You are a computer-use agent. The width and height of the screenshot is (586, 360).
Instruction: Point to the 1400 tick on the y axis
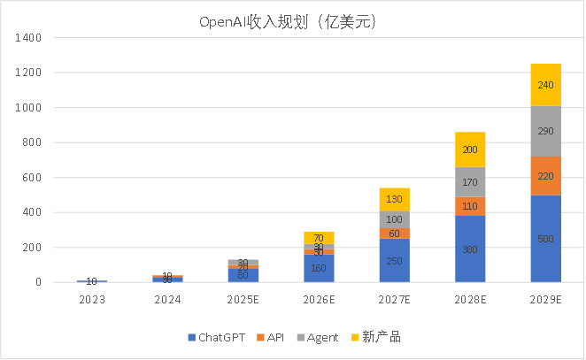point(30,38)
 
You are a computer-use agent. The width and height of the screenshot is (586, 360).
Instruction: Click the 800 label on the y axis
point(33,142)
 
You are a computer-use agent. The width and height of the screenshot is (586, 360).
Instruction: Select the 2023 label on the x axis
point(91,301)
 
